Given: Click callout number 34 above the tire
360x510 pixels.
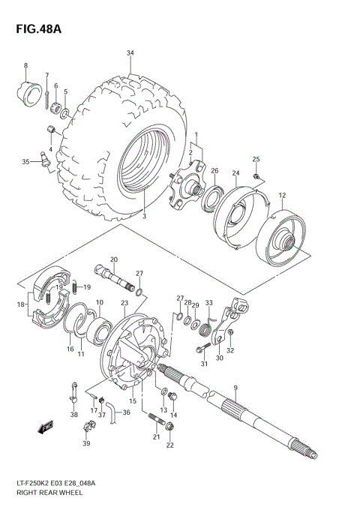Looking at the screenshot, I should (x=130, y=53).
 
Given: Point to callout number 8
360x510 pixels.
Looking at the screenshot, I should (x=25, y=66).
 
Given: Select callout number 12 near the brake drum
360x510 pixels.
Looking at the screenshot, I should (x=282, y=196).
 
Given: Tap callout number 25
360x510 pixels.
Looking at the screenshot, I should (x=256, y=159).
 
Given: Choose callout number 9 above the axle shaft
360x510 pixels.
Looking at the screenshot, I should (x=235, y=388).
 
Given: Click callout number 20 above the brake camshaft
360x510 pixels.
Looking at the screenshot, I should (x=114, y=259).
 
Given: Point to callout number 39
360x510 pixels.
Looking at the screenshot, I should (x=85, y=444).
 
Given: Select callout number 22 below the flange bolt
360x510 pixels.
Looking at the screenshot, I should (x=169, y=445).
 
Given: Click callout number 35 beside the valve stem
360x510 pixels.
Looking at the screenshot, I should (x=25, y=161).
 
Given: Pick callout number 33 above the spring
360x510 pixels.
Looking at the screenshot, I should (x=209, y=302).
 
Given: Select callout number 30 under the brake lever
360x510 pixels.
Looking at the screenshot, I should (x=219, y=358).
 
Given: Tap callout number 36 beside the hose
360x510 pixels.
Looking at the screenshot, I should (x=126, y=411).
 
